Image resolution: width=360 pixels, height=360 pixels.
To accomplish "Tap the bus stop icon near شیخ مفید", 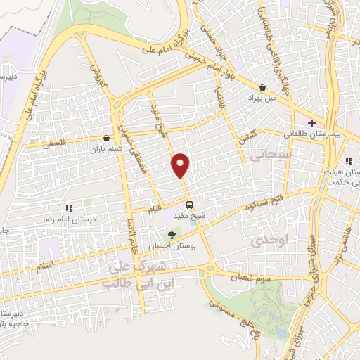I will [x=189, y=205].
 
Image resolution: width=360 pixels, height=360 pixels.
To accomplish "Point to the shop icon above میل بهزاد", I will [x=262, y=88].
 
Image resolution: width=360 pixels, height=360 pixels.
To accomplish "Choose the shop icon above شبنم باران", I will [x=105, y=139].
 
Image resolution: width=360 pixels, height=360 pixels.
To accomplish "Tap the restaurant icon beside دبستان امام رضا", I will [x=69, y=208].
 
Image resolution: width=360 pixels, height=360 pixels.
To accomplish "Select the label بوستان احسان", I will [x=169, y=247].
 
